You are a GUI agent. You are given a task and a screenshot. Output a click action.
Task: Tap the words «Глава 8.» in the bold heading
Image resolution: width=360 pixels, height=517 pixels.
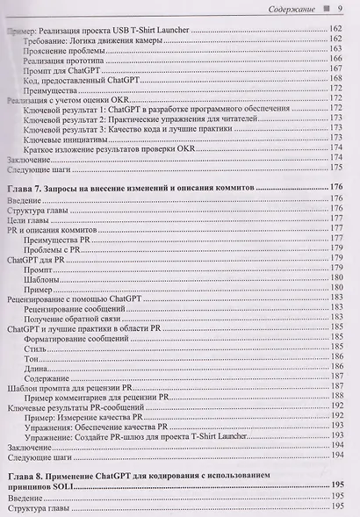coord(27,478)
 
